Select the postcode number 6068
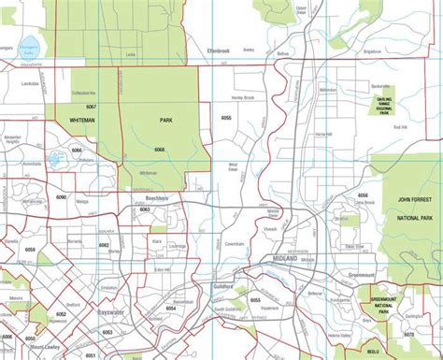[x=160, y=151]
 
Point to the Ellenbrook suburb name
[x=200, y=50]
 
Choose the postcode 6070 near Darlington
[x=408, y=333]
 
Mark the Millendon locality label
[x=327, y=90]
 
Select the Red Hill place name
[x=400, y=127]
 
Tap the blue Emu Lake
[x=53, y=161]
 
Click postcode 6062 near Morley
[x=106, y=245]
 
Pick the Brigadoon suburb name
[x=372, y=51]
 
